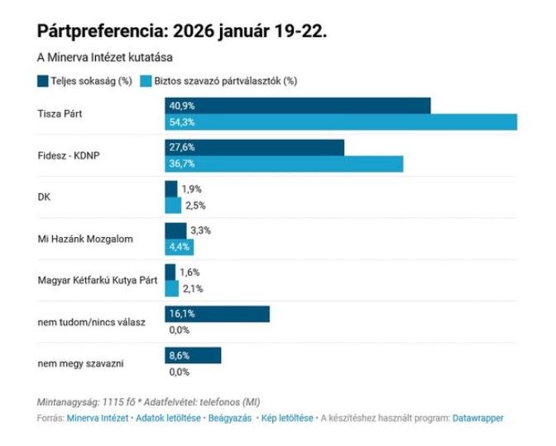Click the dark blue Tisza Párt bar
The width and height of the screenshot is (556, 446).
pyautogui.click(x=298, y=106)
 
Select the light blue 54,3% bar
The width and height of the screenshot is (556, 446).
pyautogui.click(x=341, y=122)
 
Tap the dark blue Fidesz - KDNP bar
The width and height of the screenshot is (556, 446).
pyautogui.click(x=255, y=148)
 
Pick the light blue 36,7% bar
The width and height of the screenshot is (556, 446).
pyautogui.click(x=284, y=164)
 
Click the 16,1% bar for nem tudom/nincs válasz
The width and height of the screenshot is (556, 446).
pyautogui.click(x=218, y=313)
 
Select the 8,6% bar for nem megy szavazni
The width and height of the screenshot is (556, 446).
pyautogui.click(x=193, y=355)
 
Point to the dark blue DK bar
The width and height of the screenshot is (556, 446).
pyautogui.click(x=171, y=189)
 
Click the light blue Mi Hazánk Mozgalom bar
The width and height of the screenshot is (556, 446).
pyautogui.click(x=179, y=246)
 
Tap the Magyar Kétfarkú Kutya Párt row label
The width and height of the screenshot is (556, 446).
pyautogui.click(x=98, y=280)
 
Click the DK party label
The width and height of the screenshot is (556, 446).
pyautogui.click(x=45, y=197)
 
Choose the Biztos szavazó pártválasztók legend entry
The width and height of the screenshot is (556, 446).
pyautogui.click(x=219, y=80)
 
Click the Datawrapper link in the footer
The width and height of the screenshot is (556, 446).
pyautogui.click(x=477, y=419)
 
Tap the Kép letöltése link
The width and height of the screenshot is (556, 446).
pyautogui.click(x=288, y=419)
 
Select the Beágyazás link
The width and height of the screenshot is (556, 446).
pyautogui.click(x=229, y=419)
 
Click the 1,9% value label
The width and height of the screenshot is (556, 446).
pyautogui.click(x=192, y=189)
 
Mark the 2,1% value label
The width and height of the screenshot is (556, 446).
pyautogui.click(x=192, y=288)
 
